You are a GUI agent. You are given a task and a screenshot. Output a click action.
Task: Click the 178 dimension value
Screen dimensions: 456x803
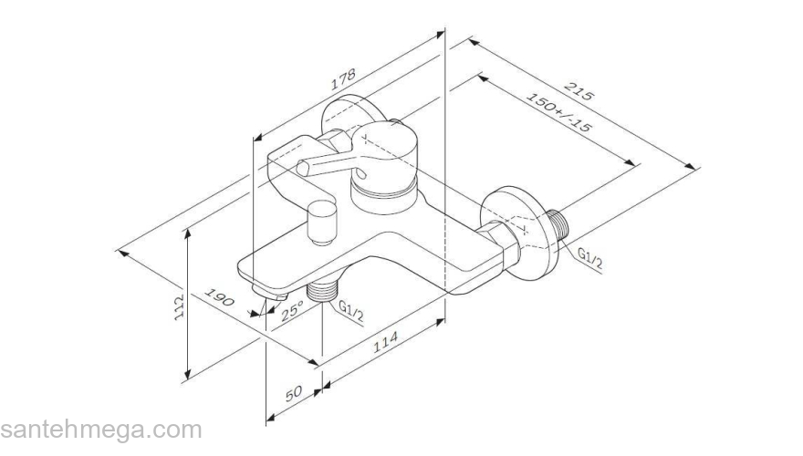342,79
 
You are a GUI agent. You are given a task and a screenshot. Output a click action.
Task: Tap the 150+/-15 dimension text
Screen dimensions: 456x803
558,114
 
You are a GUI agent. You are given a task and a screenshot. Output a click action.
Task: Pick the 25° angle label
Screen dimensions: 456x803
292,311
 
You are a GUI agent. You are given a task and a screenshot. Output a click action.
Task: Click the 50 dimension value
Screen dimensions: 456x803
293,394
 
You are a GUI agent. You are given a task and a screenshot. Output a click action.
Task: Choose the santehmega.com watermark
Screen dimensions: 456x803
100,430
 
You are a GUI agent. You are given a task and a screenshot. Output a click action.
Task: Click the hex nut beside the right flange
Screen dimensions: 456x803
499,244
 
